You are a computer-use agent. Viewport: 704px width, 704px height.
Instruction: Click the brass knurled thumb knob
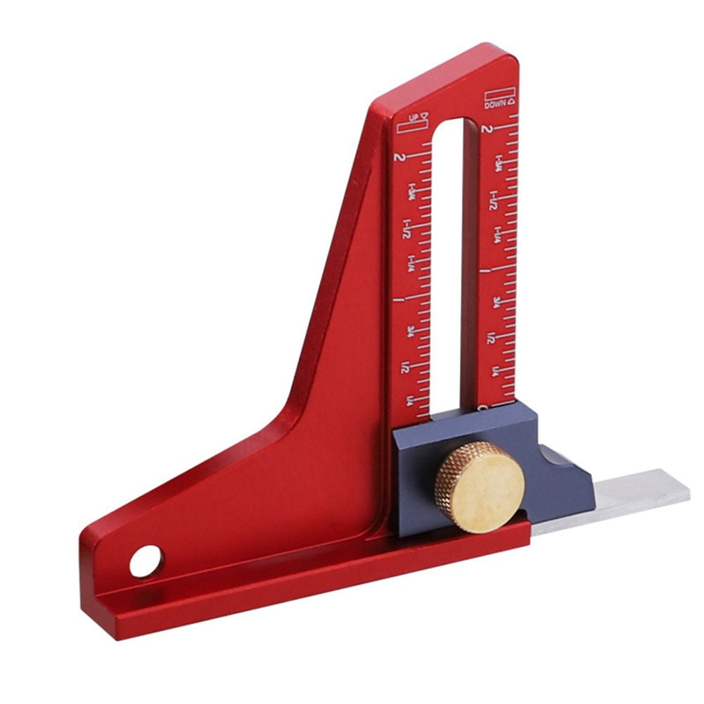click(x=480, y=487)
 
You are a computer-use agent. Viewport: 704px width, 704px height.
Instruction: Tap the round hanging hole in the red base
click(x=146, y=561)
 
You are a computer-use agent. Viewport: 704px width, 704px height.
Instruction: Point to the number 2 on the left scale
click(x=400, y=156)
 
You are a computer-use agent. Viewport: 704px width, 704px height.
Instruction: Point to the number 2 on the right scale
click(x=487, y=129)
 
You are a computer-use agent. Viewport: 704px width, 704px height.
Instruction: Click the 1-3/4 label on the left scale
click(x=409, y=193)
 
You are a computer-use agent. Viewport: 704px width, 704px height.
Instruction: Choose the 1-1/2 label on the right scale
click(x=494, y=200)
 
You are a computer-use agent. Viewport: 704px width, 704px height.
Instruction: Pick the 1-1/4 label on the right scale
click(x=497, y=235)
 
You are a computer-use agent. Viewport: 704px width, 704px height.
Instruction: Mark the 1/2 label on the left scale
click(x=406, y=367)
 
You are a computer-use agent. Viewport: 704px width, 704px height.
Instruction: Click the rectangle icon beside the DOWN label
click(x=500, y=93)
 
